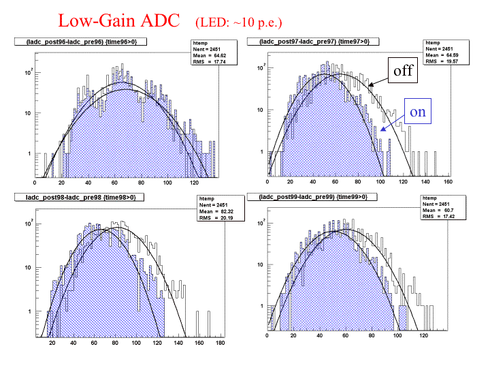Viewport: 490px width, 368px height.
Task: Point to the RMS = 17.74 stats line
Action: (209, 61)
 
